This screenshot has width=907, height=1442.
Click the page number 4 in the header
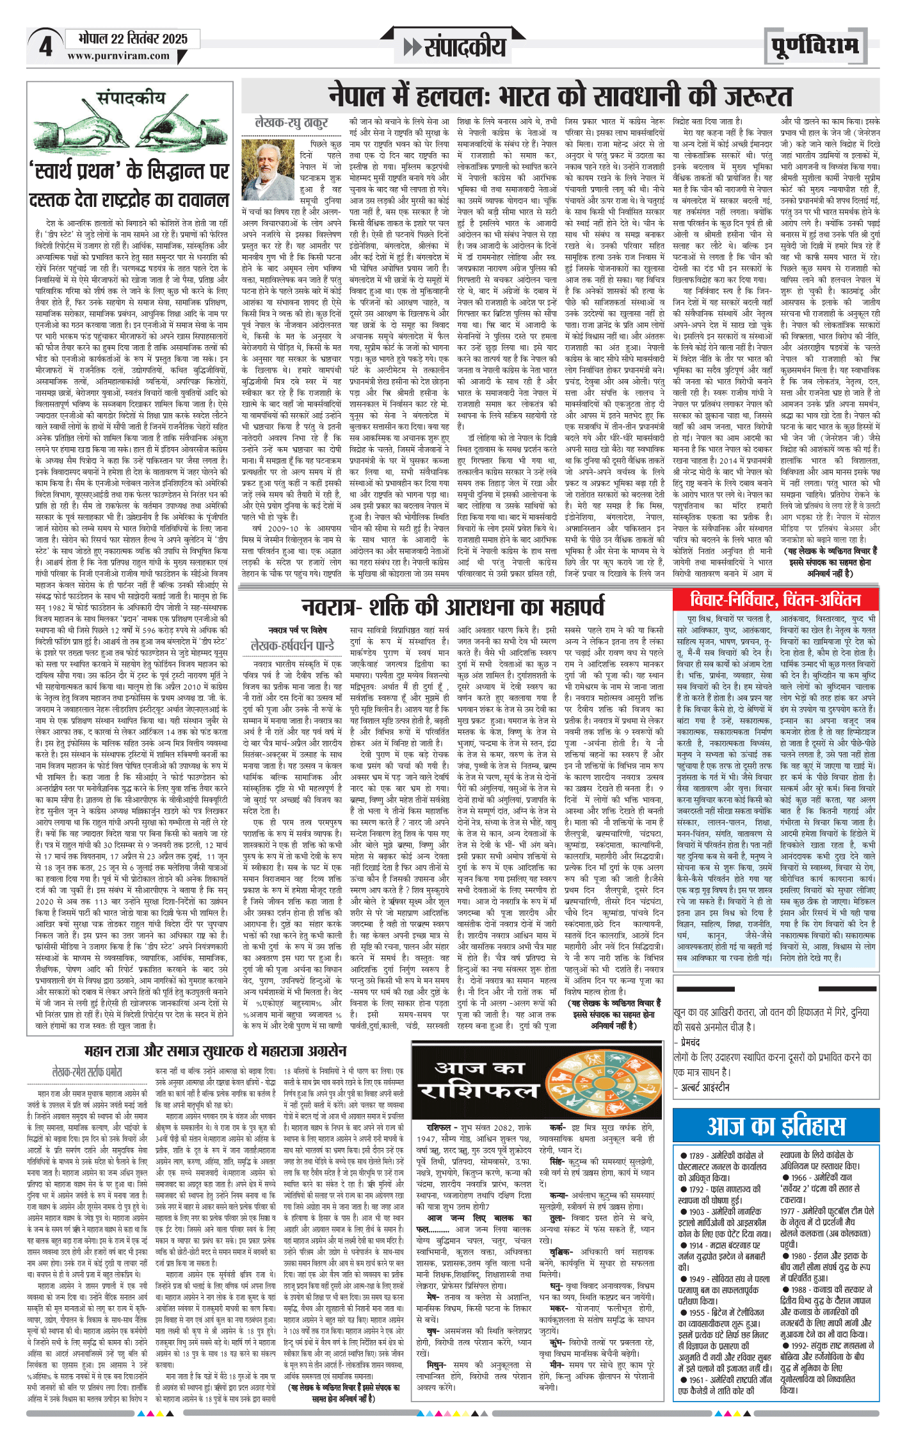(45, 47)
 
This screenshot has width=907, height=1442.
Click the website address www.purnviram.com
(118, 56)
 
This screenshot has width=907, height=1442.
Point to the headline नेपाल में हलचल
(560, 97)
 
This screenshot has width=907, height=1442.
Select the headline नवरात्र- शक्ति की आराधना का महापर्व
(453, 607)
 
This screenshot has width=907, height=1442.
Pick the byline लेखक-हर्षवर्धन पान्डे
(293, 646)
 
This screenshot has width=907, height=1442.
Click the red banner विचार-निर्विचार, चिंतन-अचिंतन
(775, 600)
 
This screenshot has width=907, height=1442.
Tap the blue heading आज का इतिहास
(775, 1126)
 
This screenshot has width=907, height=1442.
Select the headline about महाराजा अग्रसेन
(215, 1051)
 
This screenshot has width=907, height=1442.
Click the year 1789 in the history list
(696, 1155)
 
